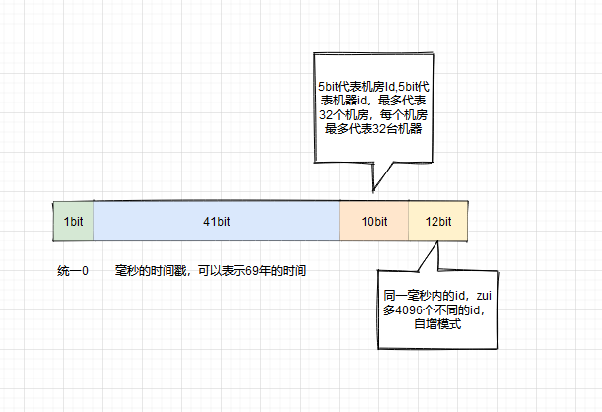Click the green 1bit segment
73,222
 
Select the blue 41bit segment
216,222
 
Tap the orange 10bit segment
373,222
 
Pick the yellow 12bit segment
437,222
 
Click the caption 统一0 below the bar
73,270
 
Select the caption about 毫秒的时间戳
210,270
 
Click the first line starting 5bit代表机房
372,88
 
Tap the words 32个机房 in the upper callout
344,115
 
